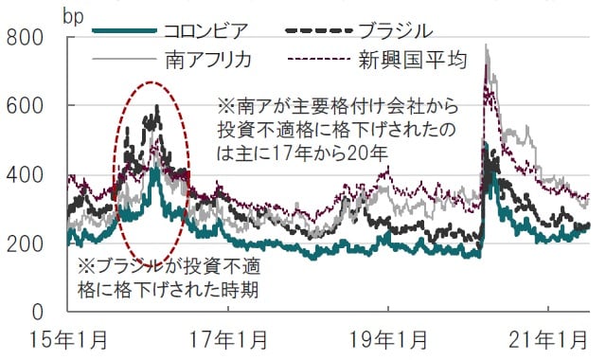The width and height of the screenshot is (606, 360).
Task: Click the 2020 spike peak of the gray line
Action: click(x=487, y=45)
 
